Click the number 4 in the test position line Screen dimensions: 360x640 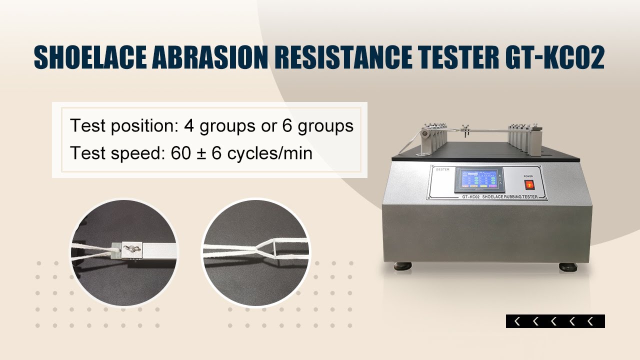coord(189,126)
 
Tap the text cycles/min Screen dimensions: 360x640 coord(269,153)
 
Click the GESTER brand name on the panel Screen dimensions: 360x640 coord(443,169)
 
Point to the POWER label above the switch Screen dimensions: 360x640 coord(528,176)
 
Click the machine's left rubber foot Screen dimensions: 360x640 coord(403,264)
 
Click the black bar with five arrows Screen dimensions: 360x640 coord(555,321)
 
